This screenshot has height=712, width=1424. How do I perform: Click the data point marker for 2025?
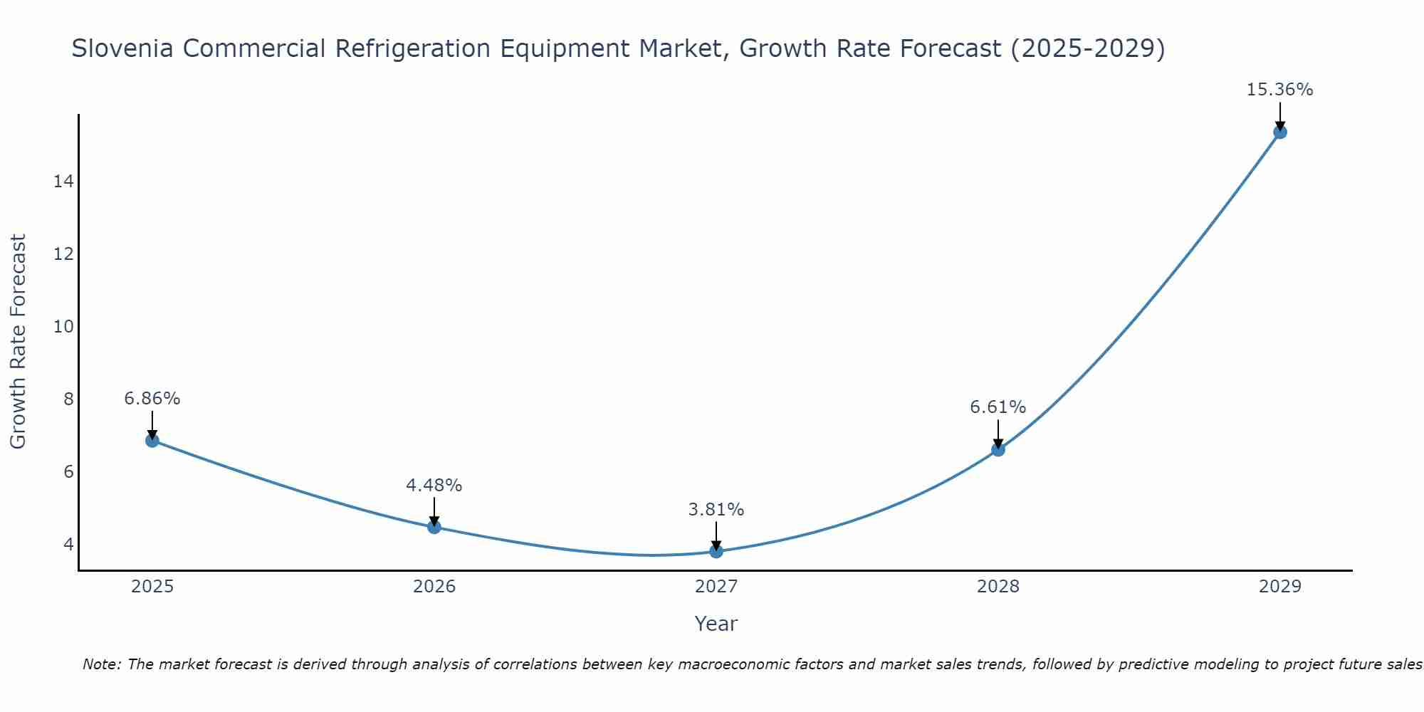pos(152,441)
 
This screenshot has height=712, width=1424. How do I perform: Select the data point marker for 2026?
pos(434,527)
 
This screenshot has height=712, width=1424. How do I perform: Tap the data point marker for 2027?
pos(716,551)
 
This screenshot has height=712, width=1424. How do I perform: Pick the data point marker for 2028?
pos(998,449)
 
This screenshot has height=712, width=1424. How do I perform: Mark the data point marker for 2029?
pos(1280,132)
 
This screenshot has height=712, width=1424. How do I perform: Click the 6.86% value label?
pos(152,399)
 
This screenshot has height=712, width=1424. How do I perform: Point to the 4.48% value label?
pos(434,486)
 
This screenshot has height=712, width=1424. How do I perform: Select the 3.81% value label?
pos(716,510)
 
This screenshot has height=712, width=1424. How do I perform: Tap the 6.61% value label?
pos(998,407)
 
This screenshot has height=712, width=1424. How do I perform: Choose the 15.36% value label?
pos(1280,90)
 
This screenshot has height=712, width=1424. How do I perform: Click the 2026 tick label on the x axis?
pos(434,587)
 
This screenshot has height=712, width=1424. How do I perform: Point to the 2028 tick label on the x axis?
pos(998,587)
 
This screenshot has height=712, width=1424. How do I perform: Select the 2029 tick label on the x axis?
pos(1280,587)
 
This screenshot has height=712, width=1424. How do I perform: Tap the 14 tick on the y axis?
pos(63,182)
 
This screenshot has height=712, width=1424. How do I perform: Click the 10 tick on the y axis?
pos(63,327)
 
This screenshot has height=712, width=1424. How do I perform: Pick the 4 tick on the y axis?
pos(68,544)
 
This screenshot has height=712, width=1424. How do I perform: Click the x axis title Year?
pos(716,624)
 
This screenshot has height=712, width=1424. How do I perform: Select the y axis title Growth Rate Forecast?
pos(19,342)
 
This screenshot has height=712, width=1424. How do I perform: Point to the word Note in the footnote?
pos(103,665)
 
